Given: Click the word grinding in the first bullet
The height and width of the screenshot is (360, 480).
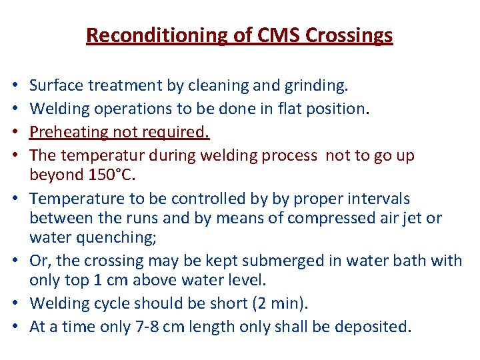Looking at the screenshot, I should click(x=315, y=86).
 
